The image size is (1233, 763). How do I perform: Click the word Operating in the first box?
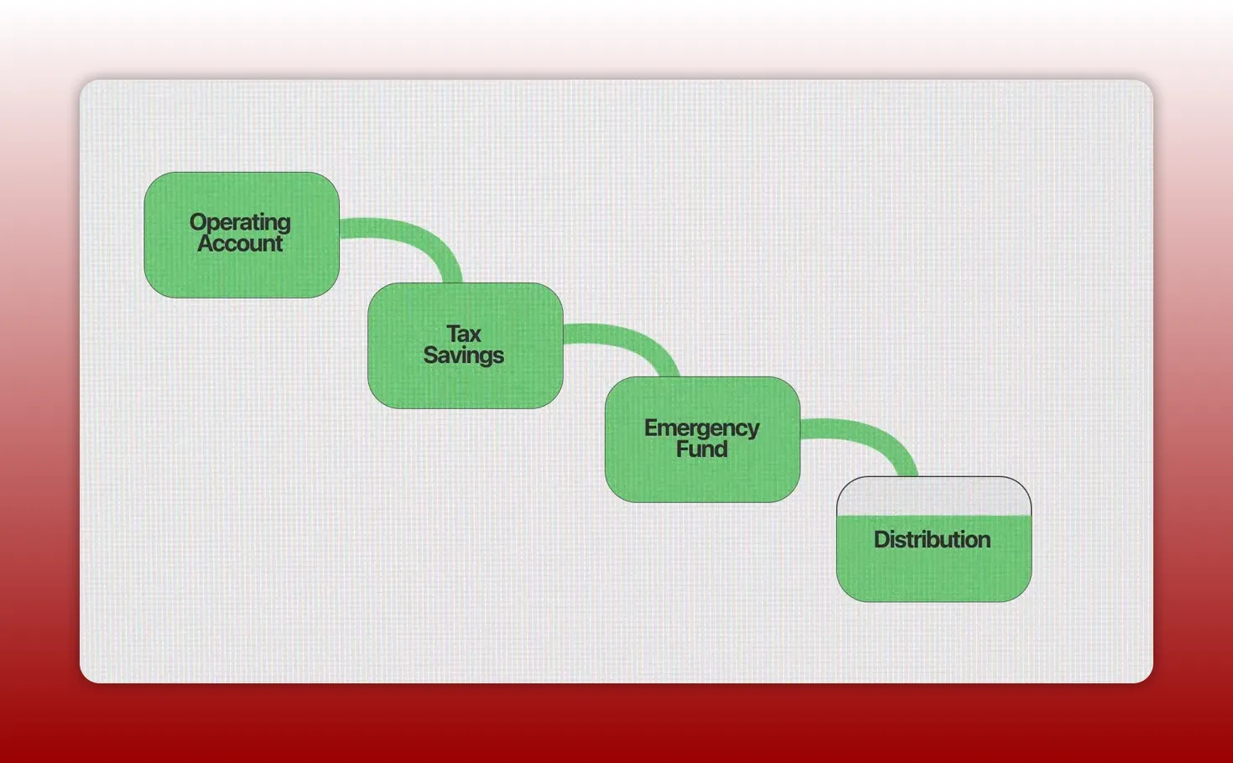pos(240,222)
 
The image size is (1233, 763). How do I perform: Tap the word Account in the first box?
pos(240,244)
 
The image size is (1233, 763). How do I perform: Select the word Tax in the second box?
pos(464,334)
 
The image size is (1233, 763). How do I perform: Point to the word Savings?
pos(464,356)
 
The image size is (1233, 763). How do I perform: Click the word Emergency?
pos(701,428)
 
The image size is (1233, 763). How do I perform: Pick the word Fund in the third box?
pos(701,449)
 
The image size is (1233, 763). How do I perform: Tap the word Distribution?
pos(932,539)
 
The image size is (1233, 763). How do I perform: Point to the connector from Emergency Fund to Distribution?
pos(872,434)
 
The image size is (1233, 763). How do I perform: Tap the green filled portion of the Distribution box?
pos(934,574)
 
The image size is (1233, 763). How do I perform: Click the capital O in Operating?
pos(198,222)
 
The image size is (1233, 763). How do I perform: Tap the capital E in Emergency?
pos(652,428)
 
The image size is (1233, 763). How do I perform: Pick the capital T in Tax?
pos(453,334)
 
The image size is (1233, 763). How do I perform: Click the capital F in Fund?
pos(683,449)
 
